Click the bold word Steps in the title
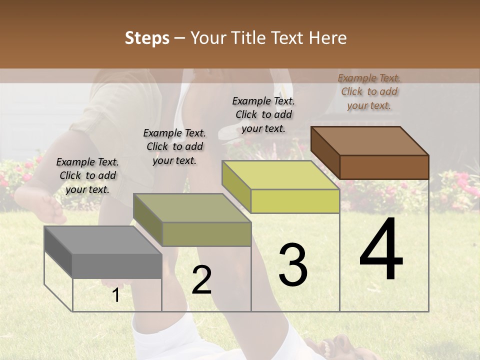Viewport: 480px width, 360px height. (147, 38)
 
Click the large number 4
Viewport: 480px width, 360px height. (381, 249)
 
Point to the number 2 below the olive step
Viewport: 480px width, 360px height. (201, 280)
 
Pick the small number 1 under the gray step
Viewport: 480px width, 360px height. (116, 295)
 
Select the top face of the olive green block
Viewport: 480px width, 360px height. (192, 208)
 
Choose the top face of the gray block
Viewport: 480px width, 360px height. (103, 240)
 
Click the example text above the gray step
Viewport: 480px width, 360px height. (87, 175)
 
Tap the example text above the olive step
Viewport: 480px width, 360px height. (174, 146)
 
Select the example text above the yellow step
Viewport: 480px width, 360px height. (263, 114)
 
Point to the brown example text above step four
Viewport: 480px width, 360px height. (369, 91)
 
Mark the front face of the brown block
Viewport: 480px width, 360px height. (384, 167)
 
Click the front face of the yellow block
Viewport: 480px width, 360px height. (295, 201)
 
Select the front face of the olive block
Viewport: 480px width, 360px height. (206, 234)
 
